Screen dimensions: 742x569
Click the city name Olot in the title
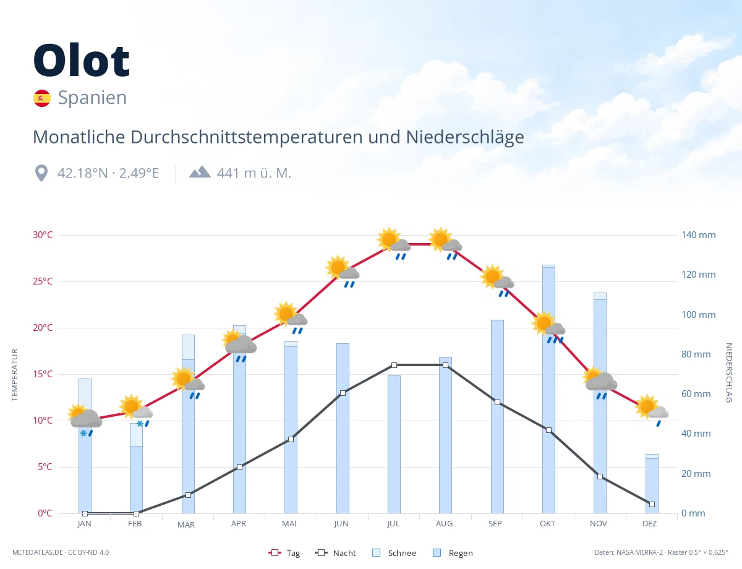81,60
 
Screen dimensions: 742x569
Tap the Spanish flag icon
42,98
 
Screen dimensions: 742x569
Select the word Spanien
92,98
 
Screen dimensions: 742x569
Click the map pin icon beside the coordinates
41,173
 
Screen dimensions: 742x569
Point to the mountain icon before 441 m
200,172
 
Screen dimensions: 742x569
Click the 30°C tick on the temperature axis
43,235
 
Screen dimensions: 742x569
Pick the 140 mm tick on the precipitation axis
698,235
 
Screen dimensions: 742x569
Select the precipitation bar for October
548,389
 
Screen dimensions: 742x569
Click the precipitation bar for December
652,484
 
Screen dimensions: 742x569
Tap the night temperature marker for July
394,365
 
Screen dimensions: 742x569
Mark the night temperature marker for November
600,476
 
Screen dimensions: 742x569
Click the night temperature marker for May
291,439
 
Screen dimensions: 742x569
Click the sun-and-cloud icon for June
343,270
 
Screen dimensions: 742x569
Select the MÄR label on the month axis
186,524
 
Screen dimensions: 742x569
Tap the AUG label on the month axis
444,524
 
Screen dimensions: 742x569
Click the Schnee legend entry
394,553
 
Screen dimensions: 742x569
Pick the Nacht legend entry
335,553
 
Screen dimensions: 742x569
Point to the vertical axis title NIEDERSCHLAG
728,372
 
